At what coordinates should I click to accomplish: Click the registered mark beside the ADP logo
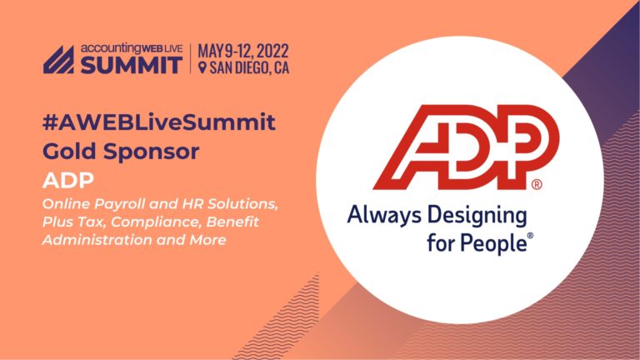coord(537,184)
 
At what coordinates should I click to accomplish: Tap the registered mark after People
coord(529,237)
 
